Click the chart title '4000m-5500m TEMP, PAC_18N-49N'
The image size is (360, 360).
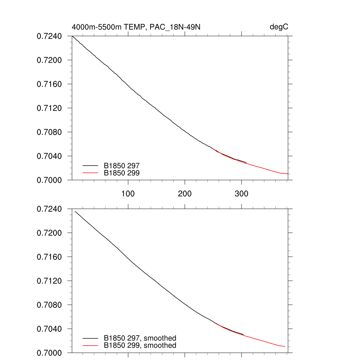[x=136, y=27]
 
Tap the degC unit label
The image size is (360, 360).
[x=279, y=27]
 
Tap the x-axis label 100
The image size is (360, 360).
[x=128, y=194]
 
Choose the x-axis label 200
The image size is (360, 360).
[x=185, y=194]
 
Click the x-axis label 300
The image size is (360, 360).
[x=241, y=194]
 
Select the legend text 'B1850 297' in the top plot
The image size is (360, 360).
[x=124, y=165]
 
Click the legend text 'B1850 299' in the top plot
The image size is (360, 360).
[x=124, y=173]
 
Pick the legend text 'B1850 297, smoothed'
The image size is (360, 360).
[x=140, y=338]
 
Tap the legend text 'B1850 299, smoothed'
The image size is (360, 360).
[x=140, y=346]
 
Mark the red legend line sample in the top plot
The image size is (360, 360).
[x=90, y=173]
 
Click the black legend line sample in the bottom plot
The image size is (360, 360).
[x=90, y=338]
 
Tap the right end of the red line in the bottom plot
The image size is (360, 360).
[x=284, y=346]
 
